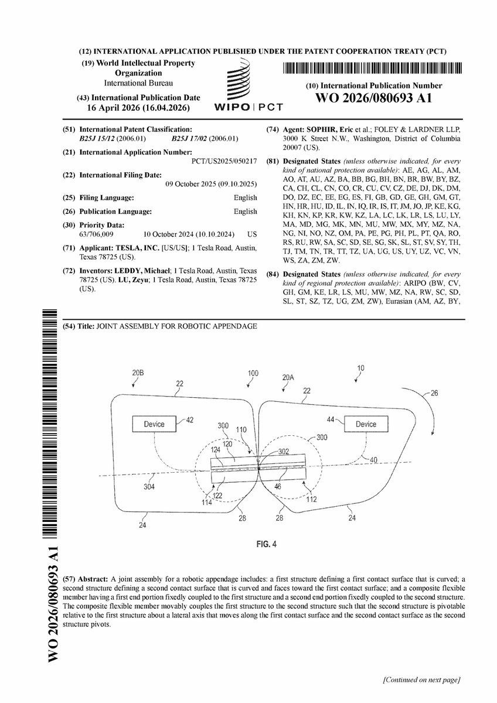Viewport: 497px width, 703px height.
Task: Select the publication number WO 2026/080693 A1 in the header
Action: (374, 98)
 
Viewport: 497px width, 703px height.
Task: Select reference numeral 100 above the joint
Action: (253, 373)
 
